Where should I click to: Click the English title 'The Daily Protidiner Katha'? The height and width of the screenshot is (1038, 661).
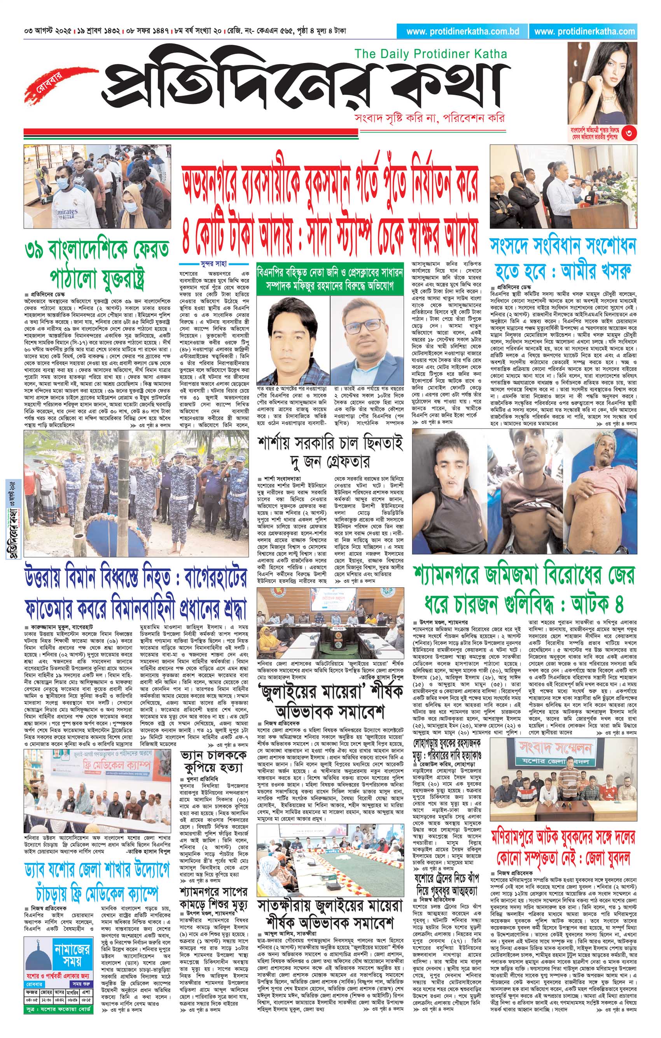coord(430,54)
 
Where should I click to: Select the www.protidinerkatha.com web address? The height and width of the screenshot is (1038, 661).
coord(584,31)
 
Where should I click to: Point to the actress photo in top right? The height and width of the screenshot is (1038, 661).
coord(602,84)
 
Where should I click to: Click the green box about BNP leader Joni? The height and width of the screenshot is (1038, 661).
coord(330,279)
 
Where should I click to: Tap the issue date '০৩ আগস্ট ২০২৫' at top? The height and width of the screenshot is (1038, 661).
coord(48,31)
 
